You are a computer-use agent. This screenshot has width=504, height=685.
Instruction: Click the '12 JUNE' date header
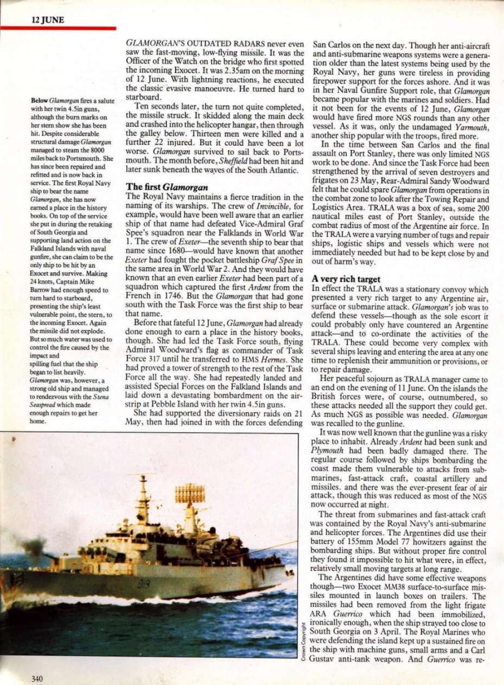click(x=48, y=20)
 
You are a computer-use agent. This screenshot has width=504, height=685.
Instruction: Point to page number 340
click(x=33, y=678)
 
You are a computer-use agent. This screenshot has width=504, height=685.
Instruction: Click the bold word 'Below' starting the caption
click(x=39, y=101)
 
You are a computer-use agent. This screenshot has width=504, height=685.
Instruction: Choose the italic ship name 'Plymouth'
click(x=327, y=451)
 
